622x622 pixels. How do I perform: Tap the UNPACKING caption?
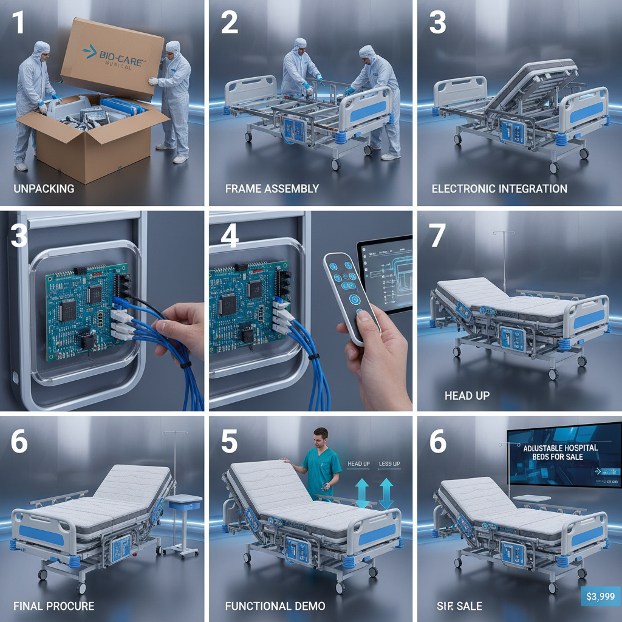tap(44, 188)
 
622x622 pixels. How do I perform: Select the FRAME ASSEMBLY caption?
tap(272, 188)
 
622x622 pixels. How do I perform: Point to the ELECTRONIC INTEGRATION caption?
tap(499, 188)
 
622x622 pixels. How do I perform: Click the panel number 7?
tap(438, 236)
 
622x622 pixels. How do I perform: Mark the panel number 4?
tap(229, 236)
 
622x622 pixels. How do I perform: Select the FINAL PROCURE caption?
tap(53, 606)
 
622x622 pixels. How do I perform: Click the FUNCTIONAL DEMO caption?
tap(275, 606)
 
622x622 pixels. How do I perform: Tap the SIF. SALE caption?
tap(459, 606)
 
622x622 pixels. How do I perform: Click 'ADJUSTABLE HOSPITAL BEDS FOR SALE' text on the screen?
tap(560, 451)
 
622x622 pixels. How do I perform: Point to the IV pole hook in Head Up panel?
tap(504, 233)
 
